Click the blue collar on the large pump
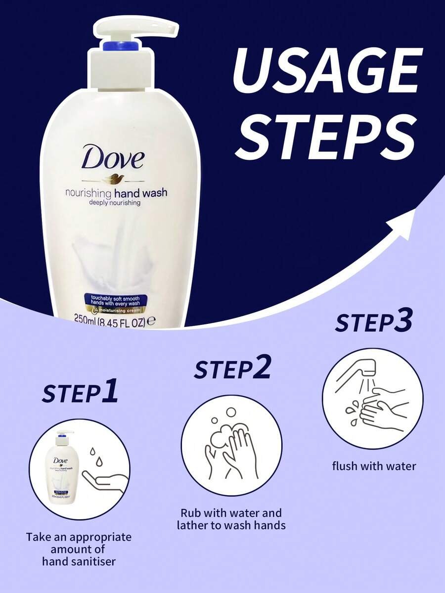click(x=119, y=46)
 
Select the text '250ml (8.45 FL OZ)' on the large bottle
click(x=114, y=320)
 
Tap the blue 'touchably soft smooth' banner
click(x=115, y=302)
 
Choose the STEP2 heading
click(x=232, y=369)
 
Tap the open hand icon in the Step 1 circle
click(x=105, y=480)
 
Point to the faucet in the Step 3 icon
click(x=358, y=371)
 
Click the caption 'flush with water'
click(x=374, y=466)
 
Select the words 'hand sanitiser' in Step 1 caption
click(x=79, y=561)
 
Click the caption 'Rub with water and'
click(x=231, y=512)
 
